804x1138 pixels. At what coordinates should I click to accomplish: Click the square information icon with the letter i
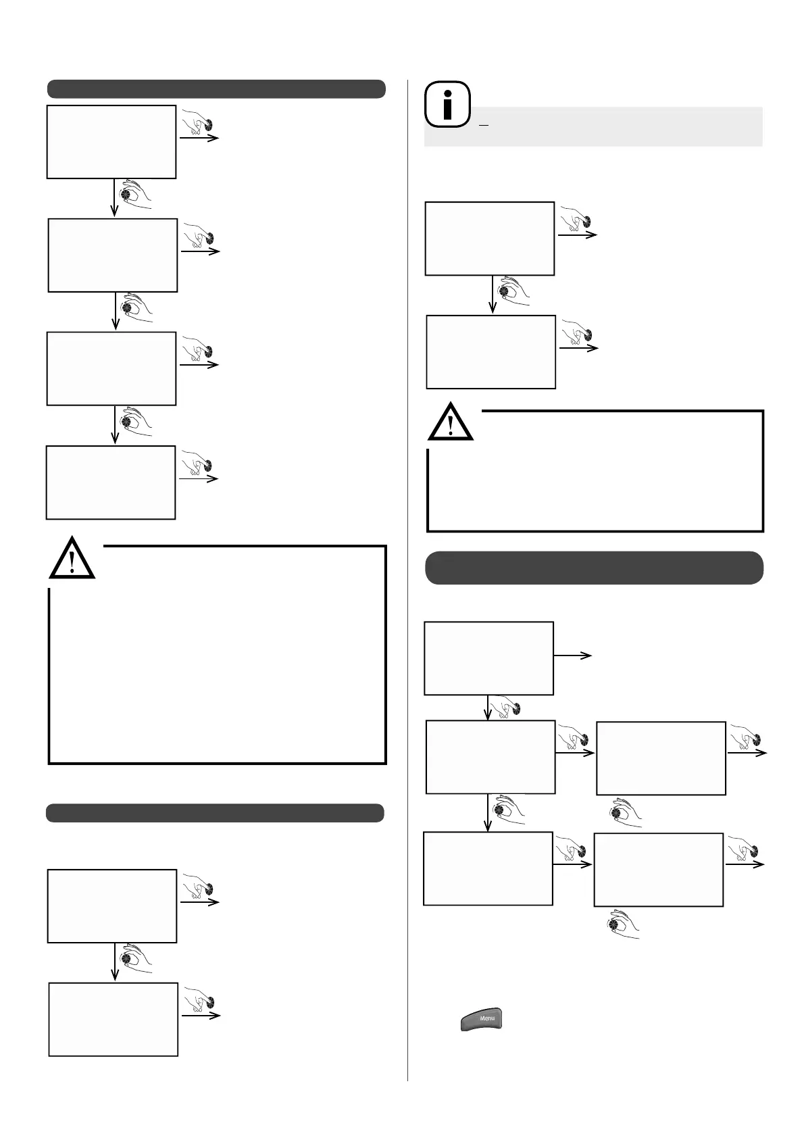[x=447, y=105]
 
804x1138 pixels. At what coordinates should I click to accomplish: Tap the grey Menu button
[x=482, y=1019]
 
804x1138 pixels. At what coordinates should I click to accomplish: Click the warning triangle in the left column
[x=72, y=559]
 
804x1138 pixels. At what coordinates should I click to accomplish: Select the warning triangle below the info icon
[x=451, y=422]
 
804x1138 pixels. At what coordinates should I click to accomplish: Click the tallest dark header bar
[x=594, y=568]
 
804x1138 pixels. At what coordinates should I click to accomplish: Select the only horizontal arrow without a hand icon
[x=572, y=655]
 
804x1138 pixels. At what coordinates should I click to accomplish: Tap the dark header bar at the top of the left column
[x=216, y=89]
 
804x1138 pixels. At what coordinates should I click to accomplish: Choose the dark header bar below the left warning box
[x=215, y=812]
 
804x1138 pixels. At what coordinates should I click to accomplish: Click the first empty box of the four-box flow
[x=111, y=142]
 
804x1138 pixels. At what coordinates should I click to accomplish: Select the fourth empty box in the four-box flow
[x=111, y=483]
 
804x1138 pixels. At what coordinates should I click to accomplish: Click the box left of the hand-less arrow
[x=488, y=658]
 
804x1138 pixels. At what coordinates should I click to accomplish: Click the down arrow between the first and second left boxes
[x=114, y=197]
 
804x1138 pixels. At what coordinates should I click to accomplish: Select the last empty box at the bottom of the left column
[x=114, y=1019]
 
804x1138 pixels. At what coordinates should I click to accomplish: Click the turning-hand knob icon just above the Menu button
[x=622, y=925]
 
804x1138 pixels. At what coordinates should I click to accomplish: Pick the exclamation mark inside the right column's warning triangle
[x=451, y=424]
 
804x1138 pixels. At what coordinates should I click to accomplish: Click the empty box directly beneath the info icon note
[x=490, y=239]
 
